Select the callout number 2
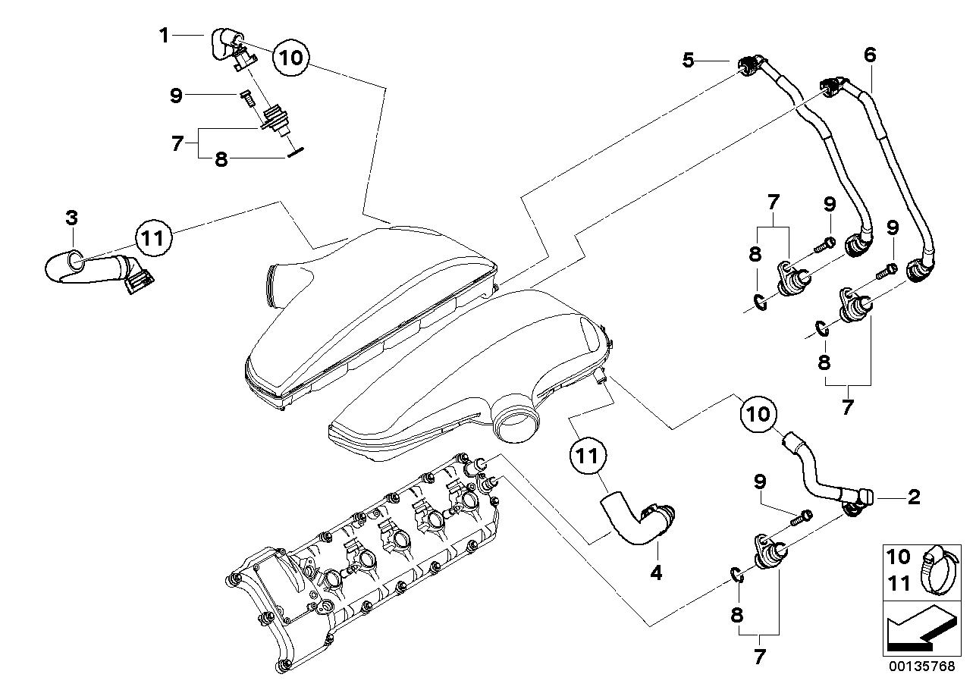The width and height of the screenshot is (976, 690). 914,497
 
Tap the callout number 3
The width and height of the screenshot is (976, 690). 71,218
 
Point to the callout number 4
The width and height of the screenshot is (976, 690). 656,572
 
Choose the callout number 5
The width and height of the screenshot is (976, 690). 688,59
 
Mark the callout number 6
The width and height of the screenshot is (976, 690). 870,55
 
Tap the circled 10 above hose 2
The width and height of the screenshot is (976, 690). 760,413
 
